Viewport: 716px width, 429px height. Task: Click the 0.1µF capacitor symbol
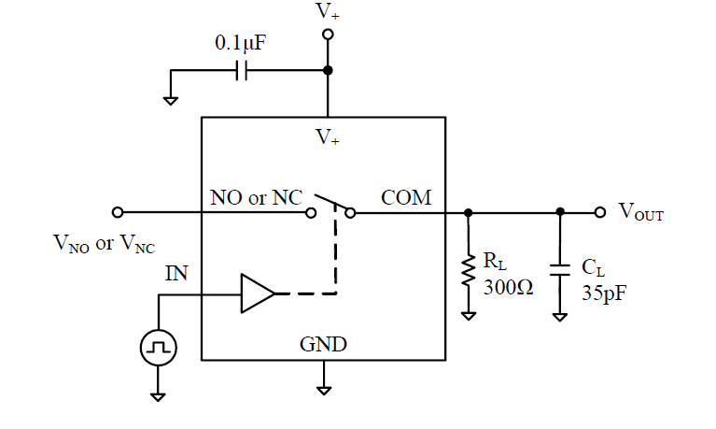point(242,71)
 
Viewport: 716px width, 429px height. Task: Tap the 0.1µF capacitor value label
point(240,45)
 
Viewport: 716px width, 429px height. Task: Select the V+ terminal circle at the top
point(327,36)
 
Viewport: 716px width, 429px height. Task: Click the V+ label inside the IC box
point(327,138)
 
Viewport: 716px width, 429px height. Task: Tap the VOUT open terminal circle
point(600,212)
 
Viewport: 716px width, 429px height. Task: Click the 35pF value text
point(603,293)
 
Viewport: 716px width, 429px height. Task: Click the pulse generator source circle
point(158,350)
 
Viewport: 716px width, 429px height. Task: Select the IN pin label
point(176,274)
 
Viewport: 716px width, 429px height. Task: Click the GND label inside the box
point(323,344)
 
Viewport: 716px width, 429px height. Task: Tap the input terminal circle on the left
point(118,212)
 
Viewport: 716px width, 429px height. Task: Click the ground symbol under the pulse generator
point(158,394)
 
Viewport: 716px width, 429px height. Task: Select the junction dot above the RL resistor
point(468,212)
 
